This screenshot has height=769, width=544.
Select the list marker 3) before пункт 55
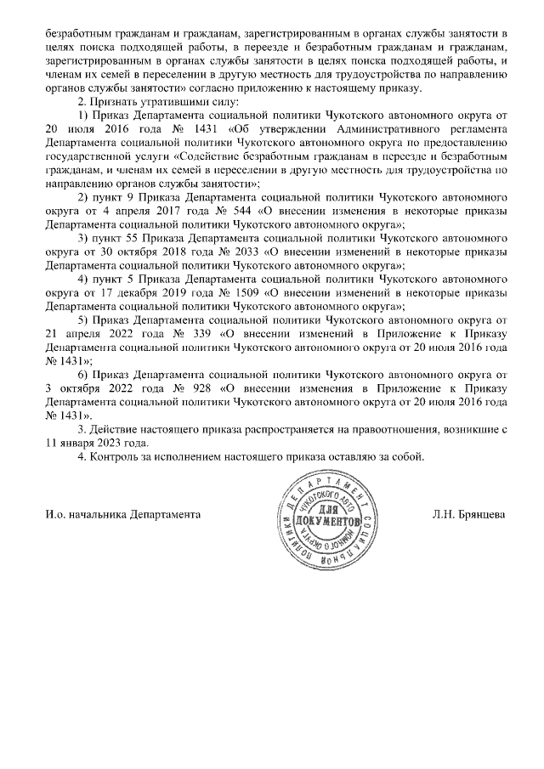click(x=82, y=239)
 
